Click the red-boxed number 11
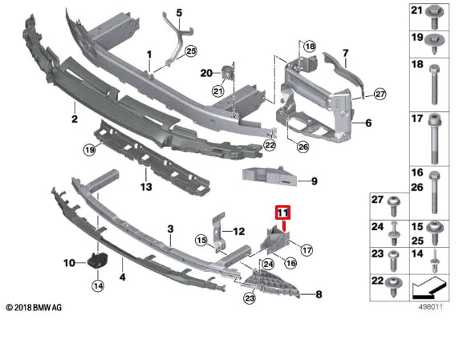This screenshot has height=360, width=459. click(282, 212)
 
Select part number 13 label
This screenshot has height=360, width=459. click(145, 187)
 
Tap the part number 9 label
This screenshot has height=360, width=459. click(314, 181)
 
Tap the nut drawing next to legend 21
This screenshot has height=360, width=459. click(435, 14)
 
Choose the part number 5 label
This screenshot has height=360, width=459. click(180, 13)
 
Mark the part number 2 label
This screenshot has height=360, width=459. click(74, 119)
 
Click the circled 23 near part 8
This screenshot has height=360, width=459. click(250, 299)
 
